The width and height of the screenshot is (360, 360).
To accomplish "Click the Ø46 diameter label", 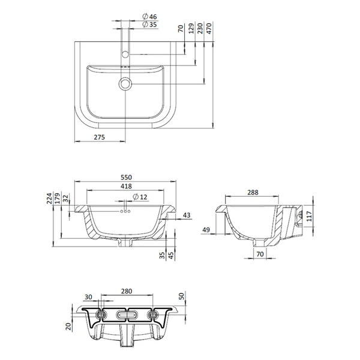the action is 149,17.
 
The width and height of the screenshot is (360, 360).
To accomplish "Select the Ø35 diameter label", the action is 149,25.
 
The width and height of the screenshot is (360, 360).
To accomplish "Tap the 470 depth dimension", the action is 209,28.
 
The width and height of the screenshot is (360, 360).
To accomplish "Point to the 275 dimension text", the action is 100,137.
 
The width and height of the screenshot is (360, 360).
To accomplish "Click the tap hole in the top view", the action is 125,55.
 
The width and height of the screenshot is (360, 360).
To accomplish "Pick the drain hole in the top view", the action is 125,83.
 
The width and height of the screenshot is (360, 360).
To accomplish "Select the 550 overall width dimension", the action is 126,177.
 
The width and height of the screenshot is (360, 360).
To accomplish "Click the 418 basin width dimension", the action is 126,186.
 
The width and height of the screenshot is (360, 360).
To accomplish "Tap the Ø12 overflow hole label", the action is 140,197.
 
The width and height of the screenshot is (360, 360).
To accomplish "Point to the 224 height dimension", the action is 49,199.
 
